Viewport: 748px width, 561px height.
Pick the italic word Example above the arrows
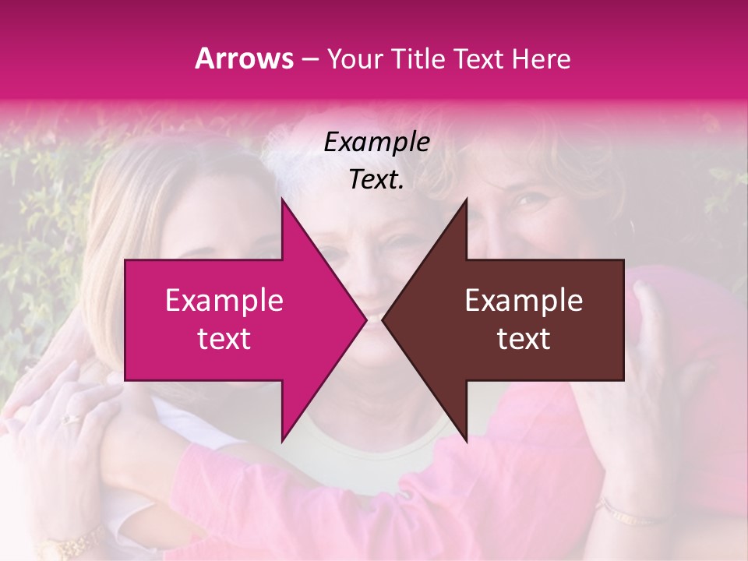point(377,143)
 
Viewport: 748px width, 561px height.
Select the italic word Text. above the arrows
point(377,180)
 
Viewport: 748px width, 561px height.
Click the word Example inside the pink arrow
point(224,301)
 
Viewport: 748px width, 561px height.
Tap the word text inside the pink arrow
point(224,338)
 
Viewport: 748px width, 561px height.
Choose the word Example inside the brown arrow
point(524,301)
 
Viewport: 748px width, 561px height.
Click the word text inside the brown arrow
point(524,338)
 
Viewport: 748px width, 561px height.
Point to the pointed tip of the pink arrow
point(365,319)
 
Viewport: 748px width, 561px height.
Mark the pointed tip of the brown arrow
point(383,319)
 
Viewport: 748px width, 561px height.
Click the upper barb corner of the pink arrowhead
point(282,199)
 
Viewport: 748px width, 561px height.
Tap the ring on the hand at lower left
point(72,418)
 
